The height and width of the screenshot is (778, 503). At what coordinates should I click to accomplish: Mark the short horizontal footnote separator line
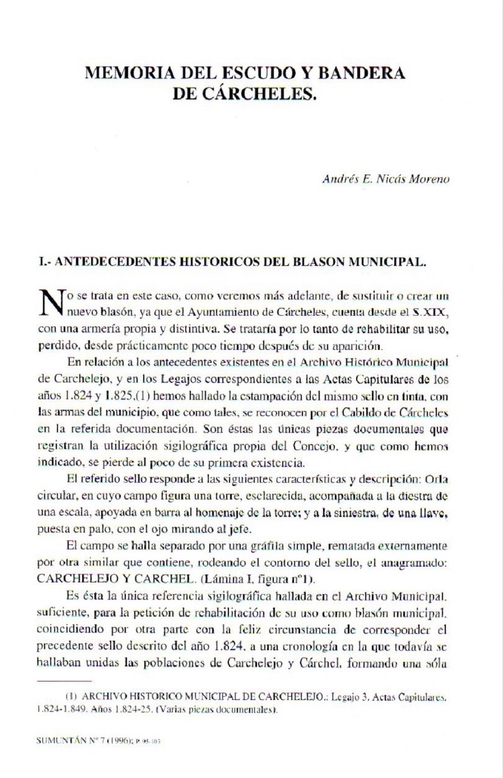point(63,681)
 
